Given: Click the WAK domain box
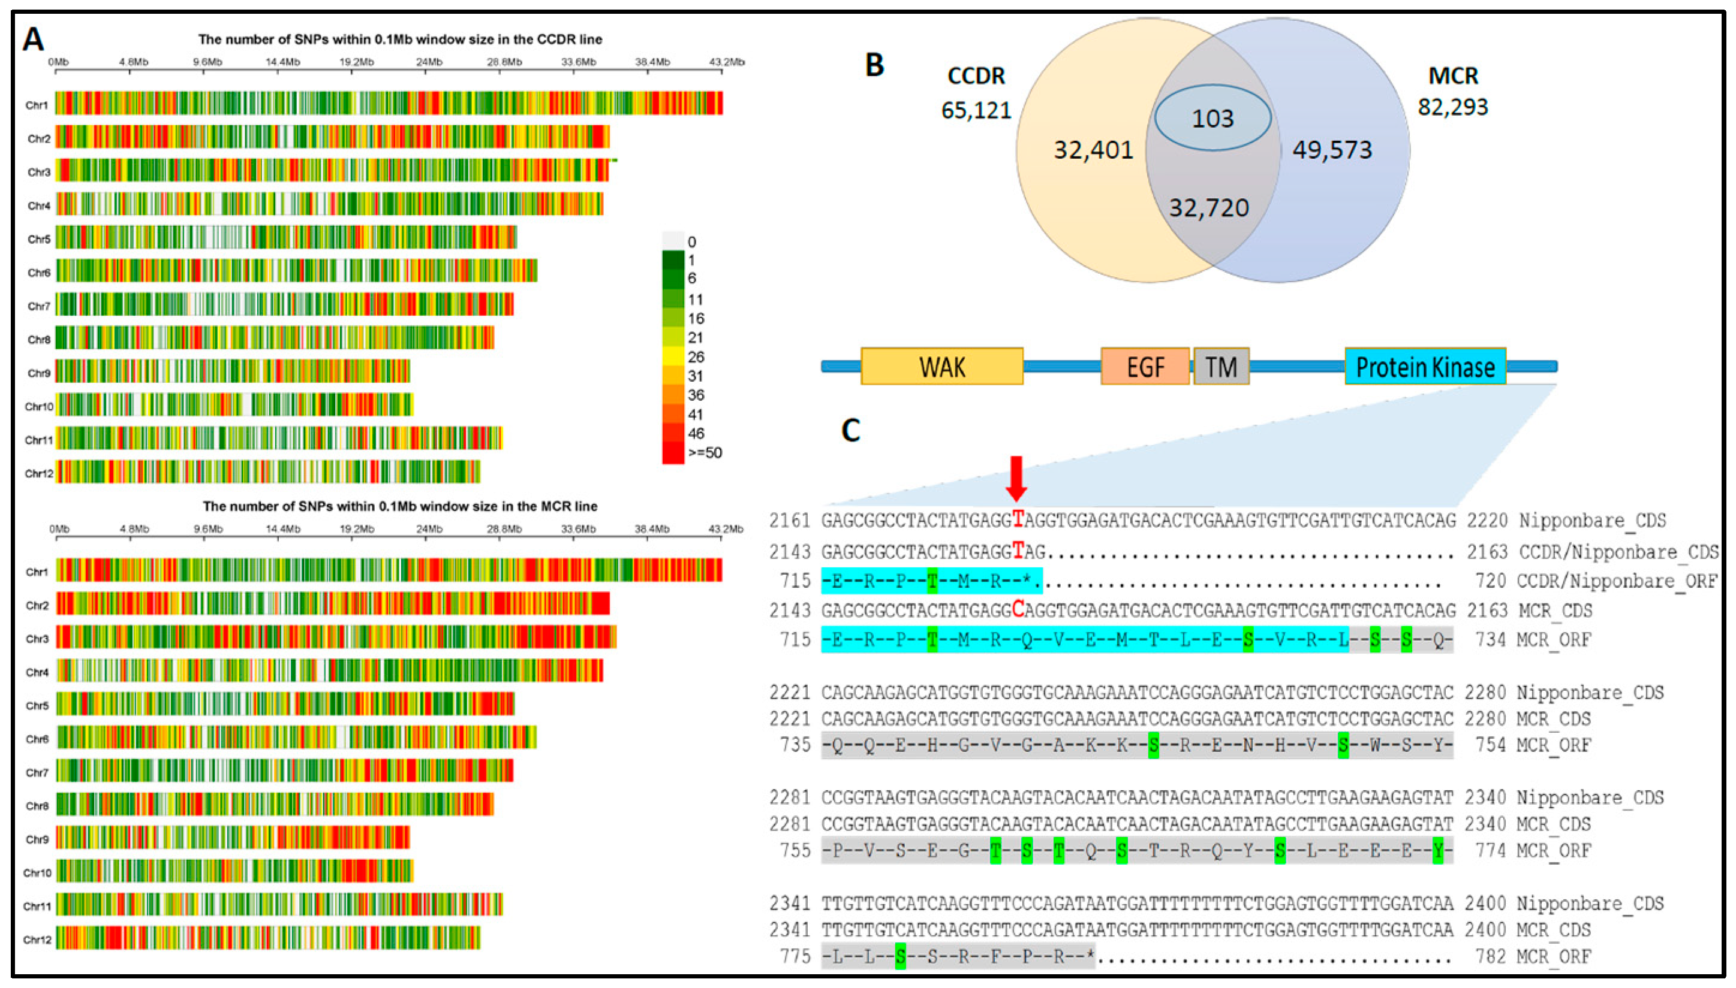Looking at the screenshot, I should (x=941, y=367).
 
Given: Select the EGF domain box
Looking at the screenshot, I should (x=1145, y=367).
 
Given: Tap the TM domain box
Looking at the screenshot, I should (x=1221, y=367).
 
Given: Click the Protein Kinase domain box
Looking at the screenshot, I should (x=1425, y=367).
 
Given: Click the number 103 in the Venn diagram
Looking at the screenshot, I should (x=1213, y=119).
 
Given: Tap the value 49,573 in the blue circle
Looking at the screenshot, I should (x=1332, y=150).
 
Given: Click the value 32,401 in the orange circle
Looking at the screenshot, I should (x=1093, y=150).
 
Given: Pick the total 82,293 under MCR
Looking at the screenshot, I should (x=1453, y=107).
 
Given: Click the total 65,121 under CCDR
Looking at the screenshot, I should (x=976, y=110).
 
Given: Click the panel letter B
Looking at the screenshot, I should (x=874, y=65).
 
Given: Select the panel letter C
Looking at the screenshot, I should (x=851, y=430).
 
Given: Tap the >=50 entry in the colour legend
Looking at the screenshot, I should (x=705, y=452).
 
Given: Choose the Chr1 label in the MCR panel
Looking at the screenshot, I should (x=37, y=572).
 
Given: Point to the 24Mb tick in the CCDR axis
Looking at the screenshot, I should (x=429, y=62).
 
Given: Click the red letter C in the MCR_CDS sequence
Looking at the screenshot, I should (x=1018, y=610).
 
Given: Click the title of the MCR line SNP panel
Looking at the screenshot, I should (x=400, y=506).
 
